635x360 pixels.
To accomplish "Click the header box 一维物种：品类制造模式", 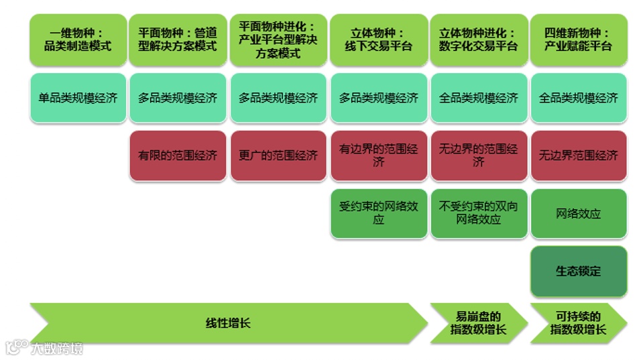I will tap(78, 40).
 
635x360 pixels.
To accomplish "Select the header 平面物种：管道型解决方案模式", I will tap(178, 40).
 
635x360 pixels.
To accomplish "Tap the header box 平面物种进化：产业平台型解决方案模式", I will tap(278, 40).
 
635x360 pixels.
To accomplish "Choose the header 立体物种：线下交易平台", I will tap(379, 40).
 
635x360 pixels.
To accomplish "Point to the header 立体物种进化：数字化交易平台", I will tap(479, 40).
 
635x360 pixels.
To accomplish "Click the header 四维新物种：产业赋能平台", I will tap(579, 40).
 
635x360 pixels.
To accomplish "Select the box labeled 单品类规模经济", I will tap(78, 98).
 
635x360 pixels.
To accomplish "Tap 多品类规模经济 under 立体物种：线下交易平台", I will tap(379, 98).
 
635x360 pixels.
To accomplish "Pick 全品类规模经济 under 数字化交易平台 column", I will tap(479, 98).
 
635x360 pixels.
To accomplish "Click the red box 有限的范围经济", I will tap(178, 156).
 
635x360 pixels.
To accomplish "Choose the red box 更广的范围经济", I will tap(278, 156).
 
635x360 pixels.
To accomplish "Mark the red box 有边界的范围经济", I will tap(379, 156).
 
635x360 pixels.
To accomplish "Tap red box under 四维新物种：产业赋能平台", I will tap(579, 156).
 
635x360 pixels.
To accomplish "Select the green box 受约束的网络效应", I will tap(379, 213).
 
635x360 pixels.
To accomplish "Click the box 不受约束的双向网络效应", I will tap(479, 213).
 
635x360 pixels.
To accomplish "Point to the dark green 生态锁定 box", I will tap(579, 272).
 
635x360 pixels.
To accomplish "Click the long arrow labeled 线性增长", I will tap(228, 323).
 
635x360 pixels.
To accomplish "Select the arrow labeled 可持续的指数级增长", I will tap(579, 323).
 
